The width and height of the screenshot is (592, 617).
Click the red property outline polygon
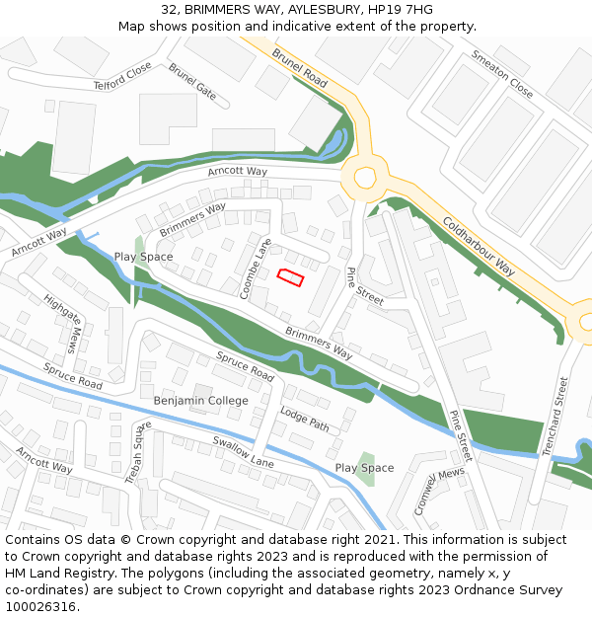coord(289,277)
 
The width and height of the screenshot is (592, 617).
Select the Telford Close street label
coord(122,76)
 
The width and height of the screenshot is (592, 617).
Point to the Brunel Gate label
coord(192,82)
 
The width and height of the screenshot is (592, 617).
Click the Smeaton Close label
coord(502,75)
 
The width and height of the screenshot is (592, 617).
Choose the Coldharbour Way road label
coord(479,246)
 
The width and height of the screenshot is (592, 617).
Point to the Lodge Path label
coord(305,418)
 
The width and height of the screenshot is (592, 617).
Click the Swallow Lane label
coord(242,452)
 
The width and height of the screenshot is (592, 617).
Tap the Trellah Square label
coord(137,453)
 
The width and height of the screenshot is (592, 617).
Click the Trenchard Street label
coord(555,415)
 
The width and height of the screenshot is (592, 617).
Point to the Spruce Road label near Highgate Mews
coord(72,374)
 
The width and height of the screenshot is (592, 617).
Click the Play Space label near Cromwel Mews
coord(364,468)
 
